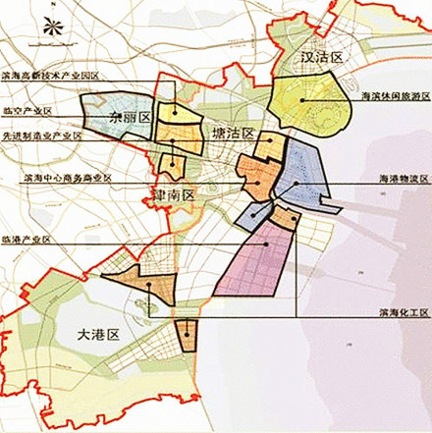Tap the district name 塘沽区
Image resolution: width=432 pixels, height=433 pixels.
[231, 133]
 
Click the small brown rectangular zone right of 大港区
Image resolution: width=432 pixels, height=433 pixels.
[186, 335]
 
